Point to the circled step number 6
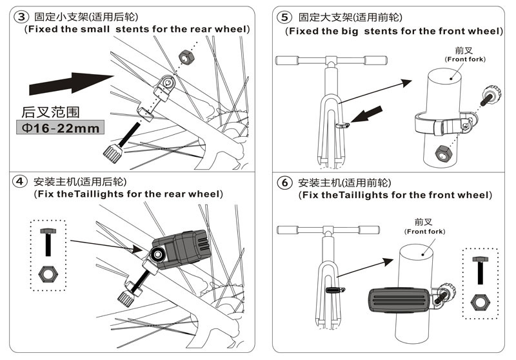pyautogui.click(x=284, y=183)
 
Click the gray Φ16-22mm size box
pyautogui.click(x=58, y=128)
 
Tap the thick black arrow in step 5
pyautogui.click(x=362, y=120)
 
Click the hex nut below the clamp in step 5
pyautogui.click(x=443, y=153)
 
